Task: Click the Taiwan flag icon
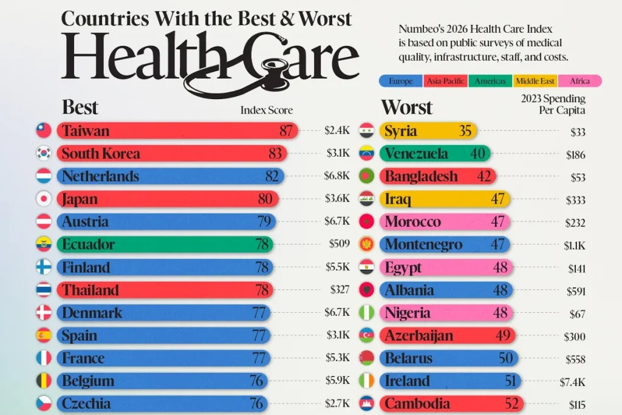click(44, 131)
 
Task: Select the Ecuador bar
click(165, 244)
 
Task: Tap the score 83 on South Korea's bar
click(275, 154)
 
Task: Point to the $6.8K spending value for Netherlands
click(337, 176)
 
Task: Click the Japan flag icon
click(44, 199)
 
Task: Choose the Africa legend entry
click(579, 81)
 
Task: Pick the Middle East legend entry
click(535, 81)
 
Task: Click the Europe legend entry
click(401, 81)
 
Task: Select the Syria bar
click(428, 131)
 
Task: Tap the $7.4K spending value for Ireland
click(572, 382)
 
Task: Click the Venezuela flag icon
click(366, 154)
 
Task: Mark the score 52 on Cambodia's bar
click(511, 404)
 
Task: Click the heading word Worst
click(406, 107)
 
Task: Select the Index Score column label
click(267, 110)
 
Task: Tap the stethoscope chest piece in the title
click(273, 67)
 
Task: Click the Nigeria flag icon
click(366, 313)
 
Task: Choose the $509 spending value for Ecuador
click(339, 244)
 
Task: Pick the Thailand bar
click(165, 290)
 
